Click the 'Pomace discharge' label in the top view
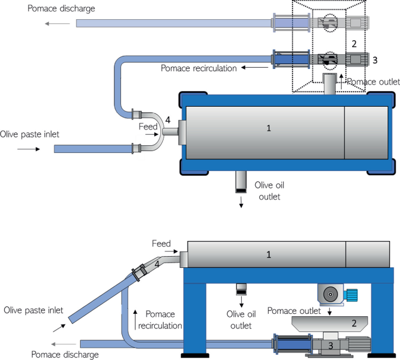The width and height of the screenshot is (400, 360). click(x=61, y=9)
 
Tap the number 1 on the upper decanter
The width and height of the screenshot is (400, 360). click(x=269, y=128)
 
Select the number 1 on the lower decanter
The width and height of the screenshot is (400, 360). click(x=269, y=255)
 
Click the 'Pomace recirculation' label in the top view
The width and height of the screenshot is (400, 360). click(x=199, y=68)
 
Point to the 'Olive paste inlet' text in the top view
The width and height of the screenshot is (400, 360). click(x=30, y=134)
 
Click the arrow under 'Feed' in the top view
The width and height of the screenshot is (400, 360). click(x=151, y=134)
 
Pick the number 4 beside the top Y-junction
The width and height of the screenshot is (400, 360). click(x=168, y=119)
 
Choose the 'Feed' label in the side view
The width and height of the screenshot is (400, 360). click(x=161, y=243)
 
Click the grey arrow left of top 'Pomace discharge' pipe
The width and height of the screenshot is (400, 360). click(x=57, y=24)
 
